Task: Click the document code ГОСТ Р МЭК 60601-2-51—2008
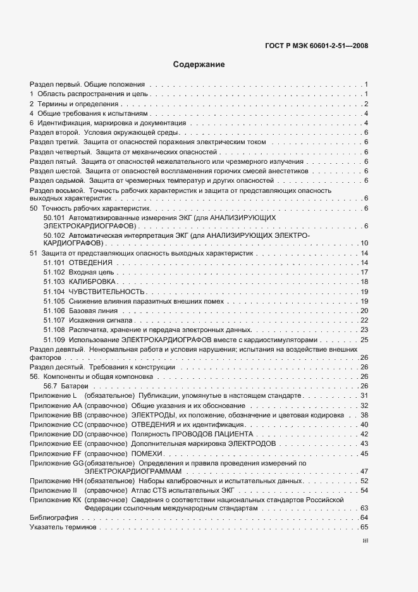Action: pos(317,45)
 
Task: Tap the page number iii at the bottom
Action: pos(365,541)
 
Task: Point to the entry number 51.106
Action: pos(54,311)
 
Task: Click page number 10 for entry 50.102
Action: pos(364,243)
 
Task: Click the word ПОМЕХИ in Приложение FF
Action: pos(146,453)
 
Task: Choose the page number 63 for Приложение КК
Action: pos(364,509)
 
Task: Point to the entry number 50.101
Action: pos(54,217)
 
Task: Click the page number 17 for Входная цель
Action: pos(364,272)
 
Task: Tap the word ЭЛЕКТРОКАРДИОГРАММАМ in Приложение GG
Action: pos(133,471)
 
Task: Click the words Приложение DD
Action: pos(56,435)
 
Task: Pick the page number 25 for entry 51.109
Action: pos(364,340)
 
